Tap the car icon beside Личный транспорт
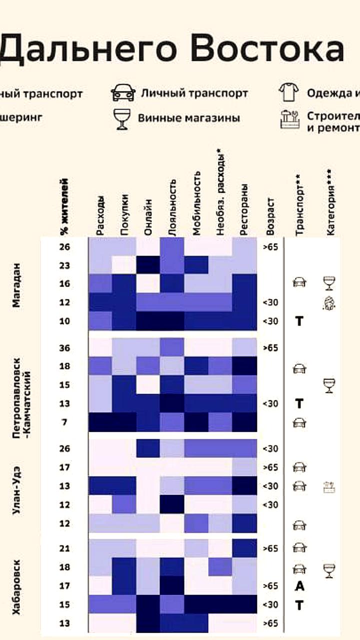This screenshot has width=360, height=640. (123, 93)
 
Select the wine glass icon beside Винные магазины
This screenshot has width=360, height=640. (122, 118)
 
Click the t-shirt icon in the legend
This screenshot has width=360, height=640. (288, 92)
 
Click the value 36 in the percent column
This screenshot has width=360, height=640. (64, 348)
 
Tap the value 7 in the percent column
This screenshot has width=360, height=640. (64, 422)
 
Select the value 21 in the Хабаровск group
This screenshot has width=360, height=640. (64, 548)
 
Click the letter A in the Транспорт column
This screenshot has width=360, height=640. (299, 586)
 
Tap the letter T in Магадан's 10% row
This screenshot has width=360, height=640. (299, 321)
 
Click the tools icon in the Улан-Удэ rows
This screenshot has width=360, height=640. (329, 486)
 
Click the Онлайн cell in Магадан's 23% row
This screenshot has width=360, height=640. (148, 265)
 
